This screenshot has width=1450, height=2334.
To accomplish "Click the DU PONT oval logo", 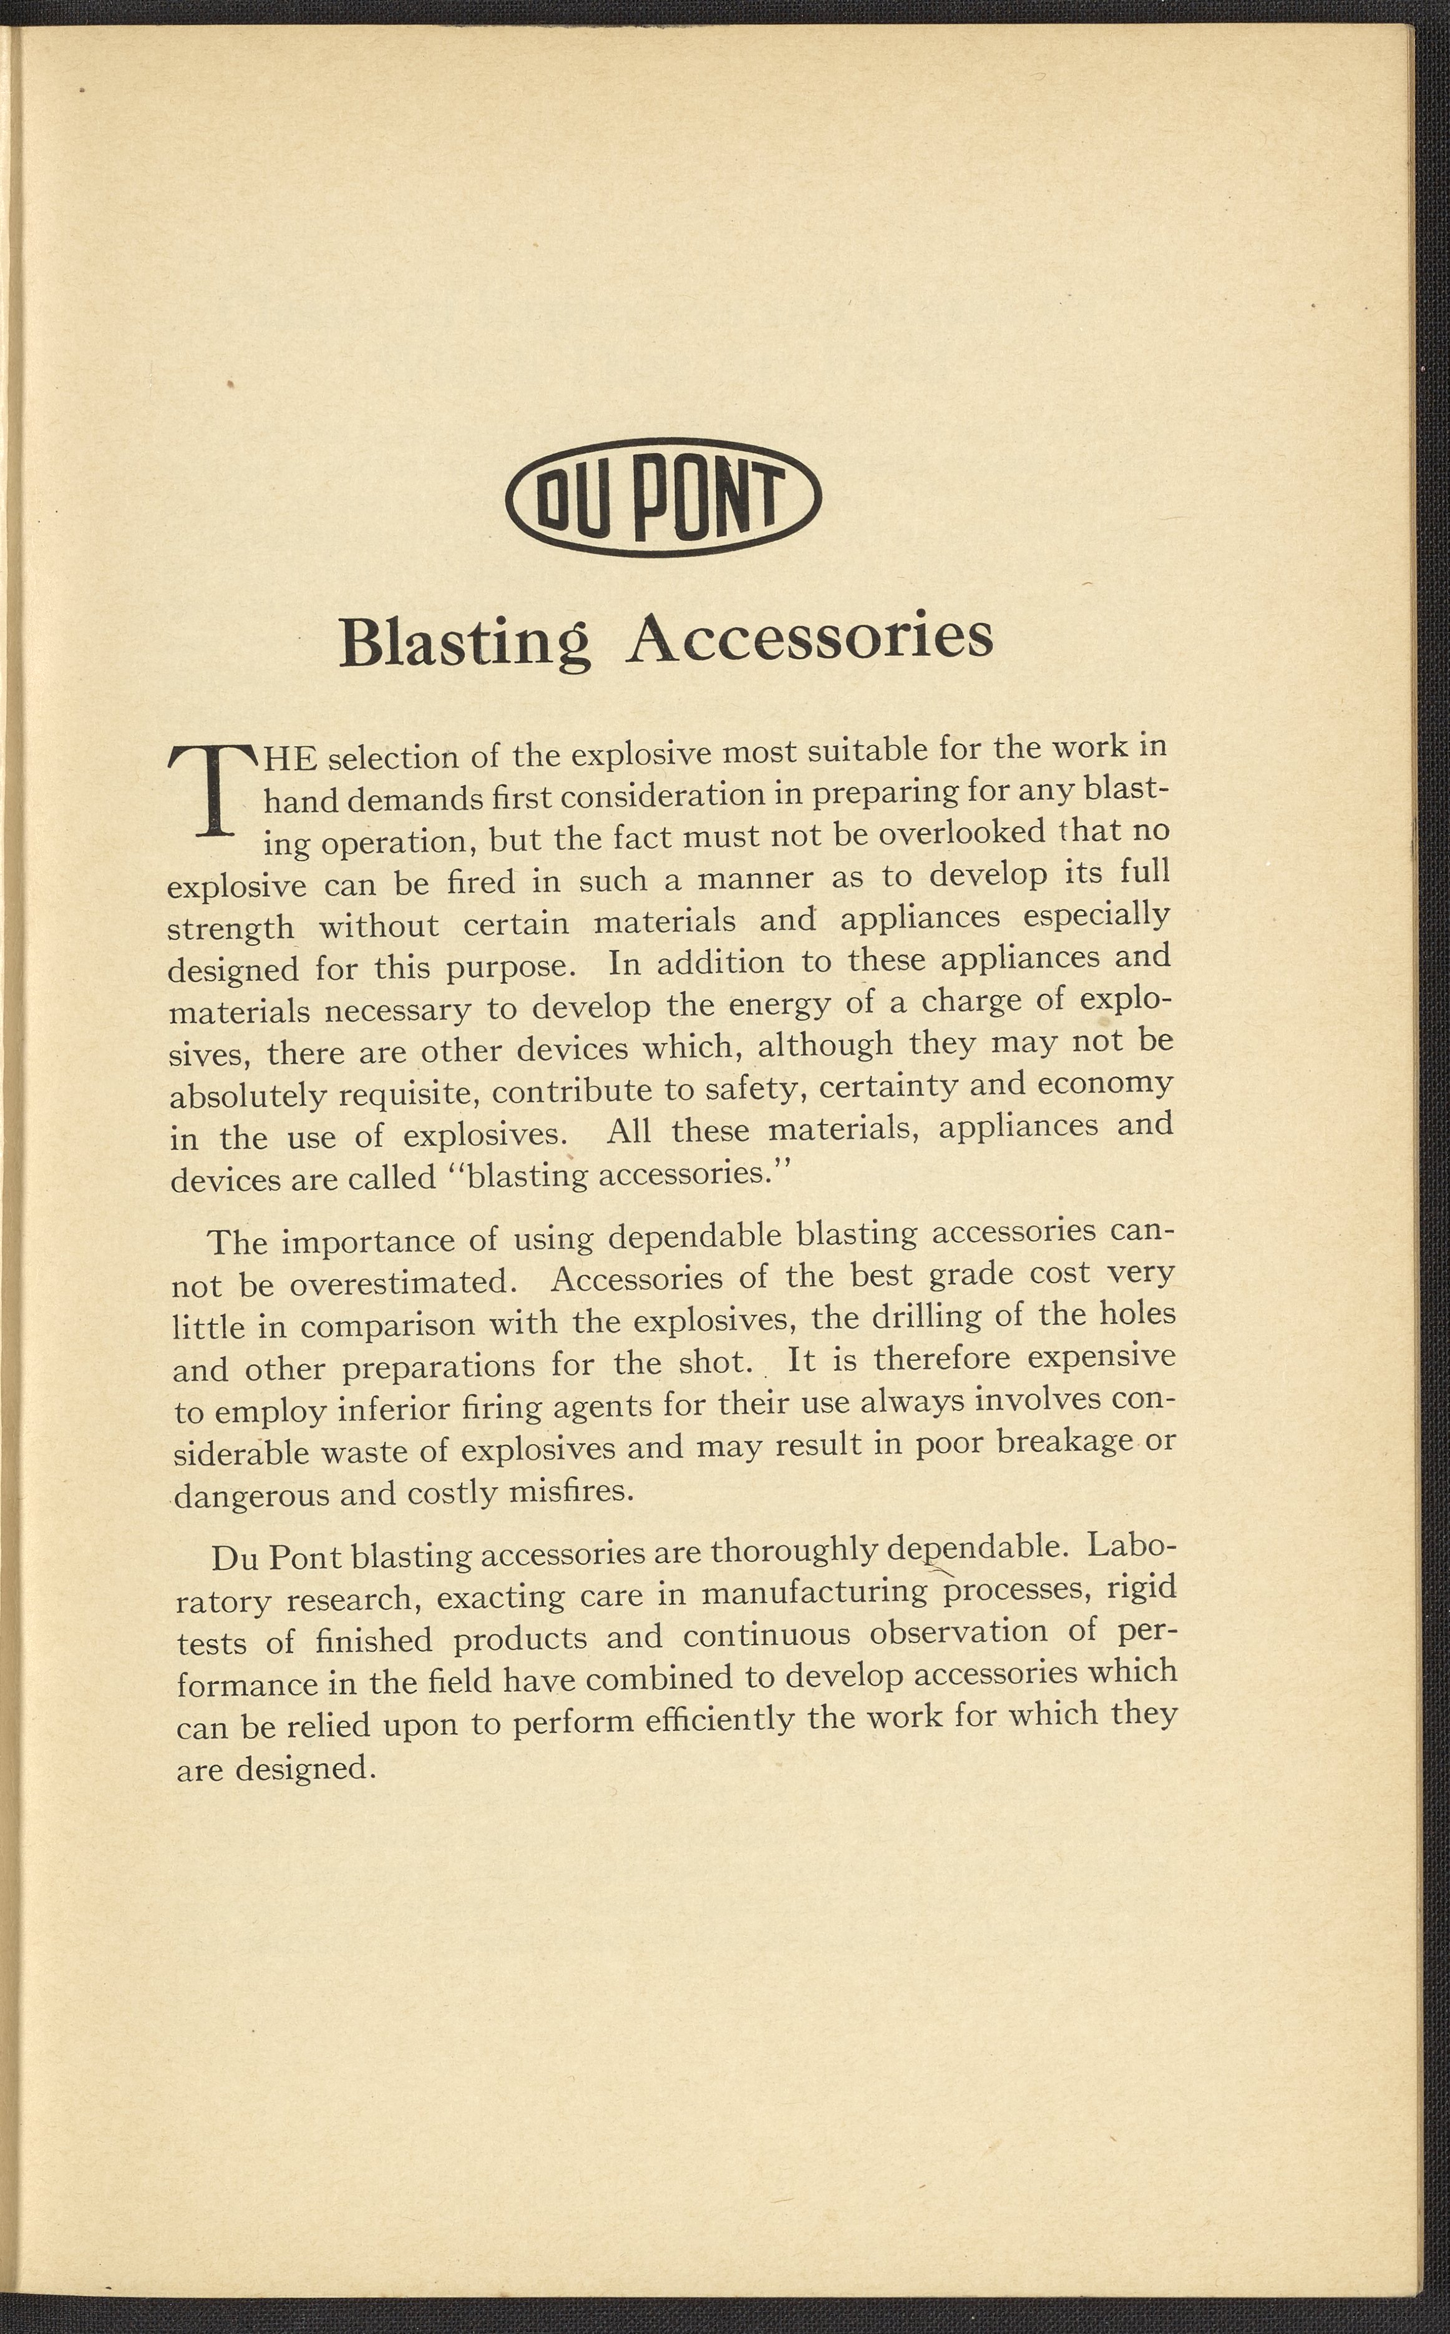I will [x=663, y=497].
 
